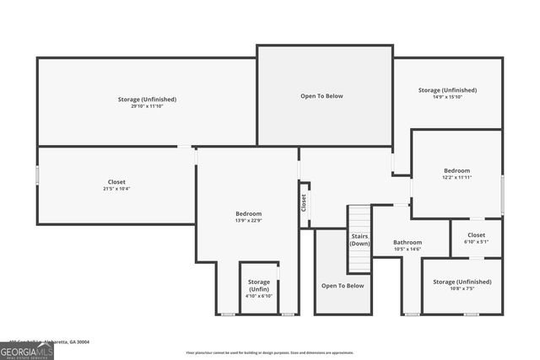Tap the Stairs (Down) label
[x=360, y=239]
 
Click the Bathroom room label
[x=408, y=242]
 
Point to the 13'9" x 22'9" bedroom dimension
[x=248, y=221]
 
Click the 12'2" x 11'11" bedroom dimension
[x=456, y=178]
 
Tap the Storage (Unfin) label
[x=259, y=285]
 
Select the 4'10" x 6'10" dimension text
[x=259, y=296]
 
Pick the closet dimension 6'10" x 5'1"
[x=476, y=242]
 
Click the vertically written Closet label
[x=304, y=203]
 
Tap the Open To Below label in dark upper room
[x=321, y=96]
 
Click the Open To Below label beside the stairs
[x=343, y=286]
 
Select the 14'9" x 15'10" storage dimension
[x=447, y=97]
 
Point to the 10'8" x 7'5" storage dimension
[x=462, y=288]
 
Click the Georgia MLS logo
[x=26, y=351]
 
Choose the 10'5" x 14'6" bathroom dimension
[x=408, y=250]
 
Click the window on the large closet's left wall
[x=37, y=175]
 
